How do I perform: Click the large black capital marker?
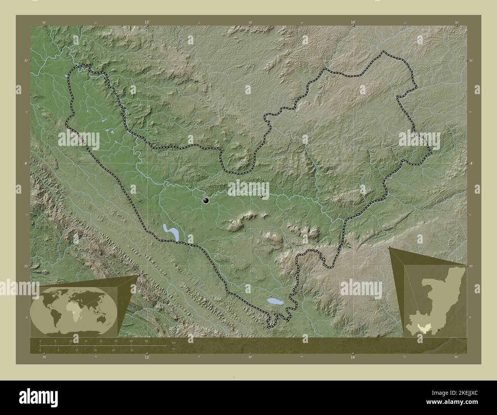pyautogui.click(x=206, y=200)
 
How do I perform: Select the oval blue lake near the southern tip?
pyautogui.click(x=275, y=302)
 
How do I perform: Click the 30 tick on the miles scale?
pyautogui.click(x=132, y=350)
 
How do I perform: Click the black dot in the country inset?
pyautogui.click(x=439, y=329)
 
